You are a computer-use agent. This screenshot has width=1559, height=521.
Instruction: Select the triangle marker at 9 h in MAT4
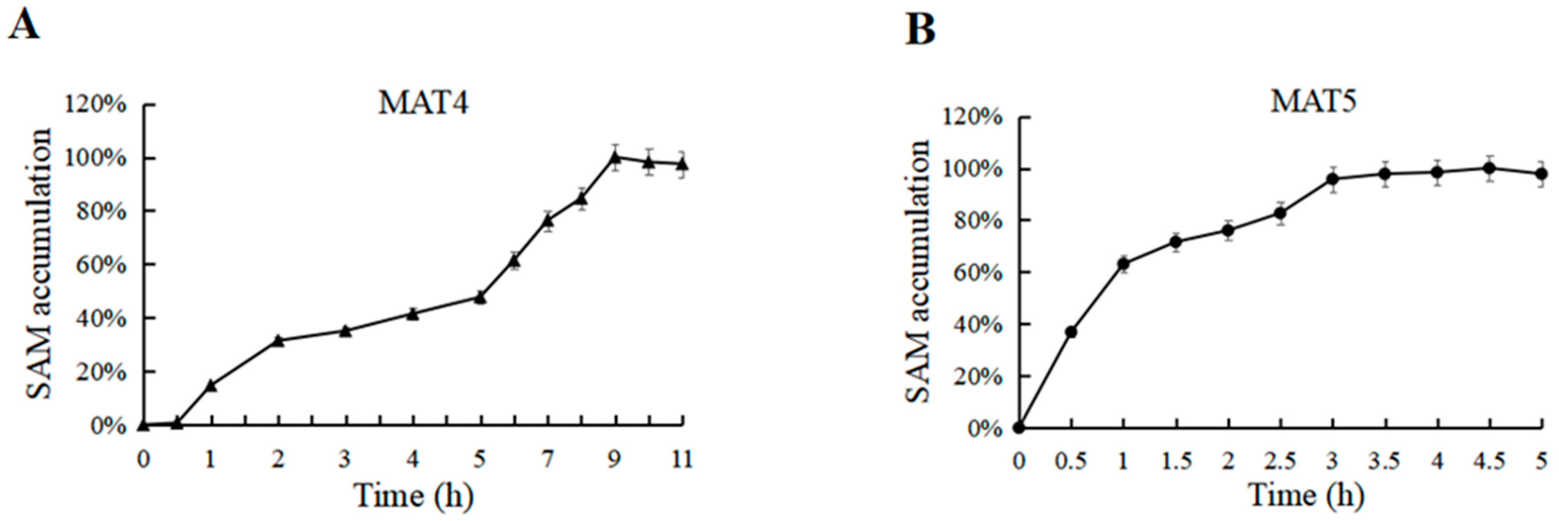click(615, 158)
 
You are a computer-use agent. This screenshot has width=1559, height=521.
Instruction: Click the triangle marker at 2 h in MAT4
click(278, 341)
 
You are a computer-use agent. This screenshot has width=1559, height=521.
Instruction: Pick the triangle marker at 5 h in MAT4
click(480, 297)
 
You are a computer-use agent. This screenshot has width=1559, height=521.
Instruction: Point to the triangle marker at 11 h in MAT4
click(682, 164)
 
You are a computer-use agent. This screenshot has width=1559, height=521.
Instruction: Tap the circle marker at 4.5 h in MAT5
click(1489, 168)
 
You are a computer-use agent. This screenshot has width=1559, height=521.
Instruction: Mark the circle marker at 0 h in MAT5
click(1019, 428)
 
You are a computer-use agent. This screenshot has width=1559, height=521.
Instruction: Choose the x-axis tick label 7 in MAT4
click(547, 460)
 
